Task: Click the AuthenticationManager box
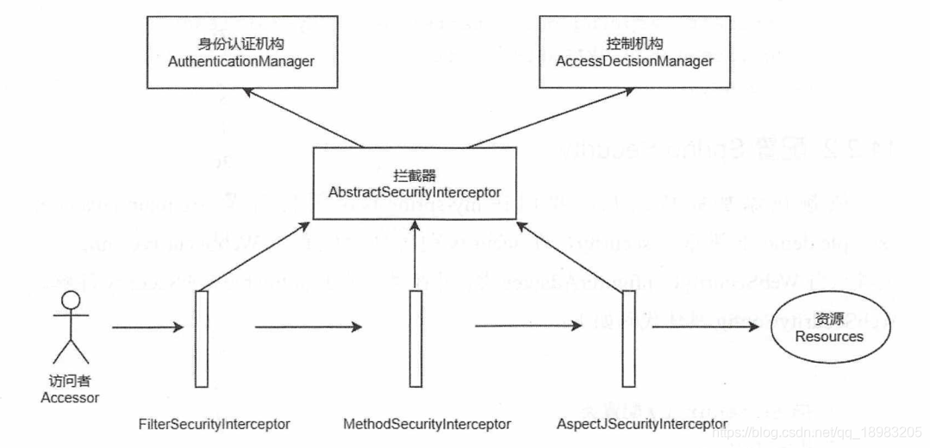pos(239,53)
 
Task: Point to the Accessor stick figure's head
pos(70,302)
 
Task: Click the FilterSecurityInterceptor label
pos(214,424)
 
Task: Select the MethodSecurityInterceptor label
pos(427,424)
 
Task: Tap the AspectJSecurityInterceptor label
pos(641,424)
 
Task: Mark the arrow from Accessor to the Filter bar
pos(147,327)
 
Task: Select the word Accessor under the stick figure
pos(70,398)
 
